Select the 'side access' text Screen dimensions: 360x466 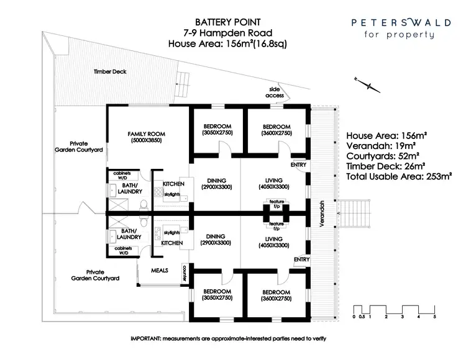[x=275, y=92]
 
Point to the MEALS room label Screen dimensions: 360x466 [x=160, y=271]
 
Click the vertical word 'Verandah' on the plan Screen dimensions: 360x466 [x=323, y=214]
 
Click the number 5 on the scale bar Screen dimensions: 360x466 [x=435, y=317]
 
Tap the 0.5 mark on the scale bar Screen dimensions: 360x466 [x=362, y=317]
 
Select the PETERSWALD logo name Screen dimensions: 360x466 [x=394, y=22]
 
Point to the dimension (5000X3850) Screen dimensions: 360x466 [x=147, y=141]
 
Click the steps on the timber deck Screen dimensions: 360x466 [x=182, y=78]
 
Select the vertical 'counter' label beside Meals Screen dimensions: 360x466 [x=185, y=271]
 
